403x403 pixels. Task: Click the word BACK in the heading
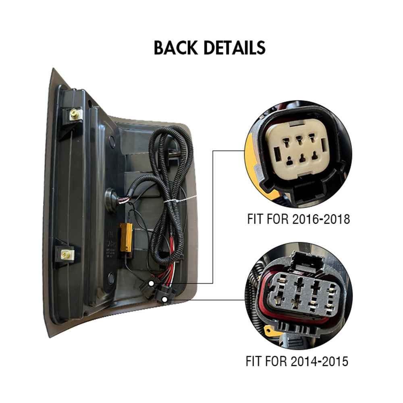click(x=176, y=48)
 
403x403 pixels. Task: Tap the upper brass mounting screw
click(x=74, y=114)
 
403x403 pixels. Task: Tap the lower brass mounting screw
click(x=64, y=254)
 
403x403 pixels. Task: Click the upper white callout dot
click(x=151, y=283)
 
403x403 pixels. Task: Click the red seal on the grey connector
click(x=271, y=306)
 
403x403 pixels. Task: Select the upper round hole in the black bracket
click(x=112, y=141)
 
